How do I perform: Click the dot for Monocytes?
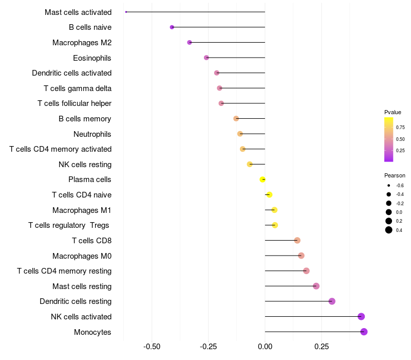point(364,332)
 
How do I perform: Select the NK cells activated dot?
point(361,316)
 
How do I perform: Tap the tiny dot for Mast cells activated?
point(126,12)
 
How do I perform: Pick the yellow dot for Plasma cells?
point(263,179)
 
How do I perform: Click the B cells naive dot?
point(172,27)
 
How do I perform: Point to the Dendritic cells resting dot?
point(332,301)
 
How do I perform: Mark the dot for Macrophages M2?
point(190,42)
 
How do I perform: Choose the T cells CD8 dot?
point(297,240)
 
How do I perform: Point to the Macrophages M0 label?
point(82,256)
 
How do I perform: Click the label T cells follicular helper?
point(74,103)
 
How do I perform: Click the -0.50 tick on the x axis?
point(152,347)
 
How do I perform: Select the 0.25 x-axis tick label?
point(321,347)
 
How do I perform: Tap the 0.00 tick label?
point(265,347)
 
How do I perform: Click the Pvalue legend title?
point(393,112)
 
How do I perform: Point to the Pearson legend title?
point(395,175)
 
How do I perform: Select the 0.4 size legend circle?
point(389,230)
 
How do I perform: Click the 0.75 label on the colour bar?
point(400,127)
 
